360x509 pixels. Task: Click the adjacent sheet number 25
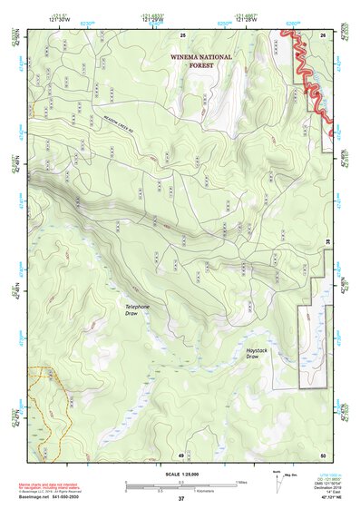point(183,34)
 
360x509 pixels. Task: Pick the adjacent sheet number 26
point(323,34)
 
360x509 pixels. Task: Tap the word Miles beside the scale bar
point(240,482)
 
